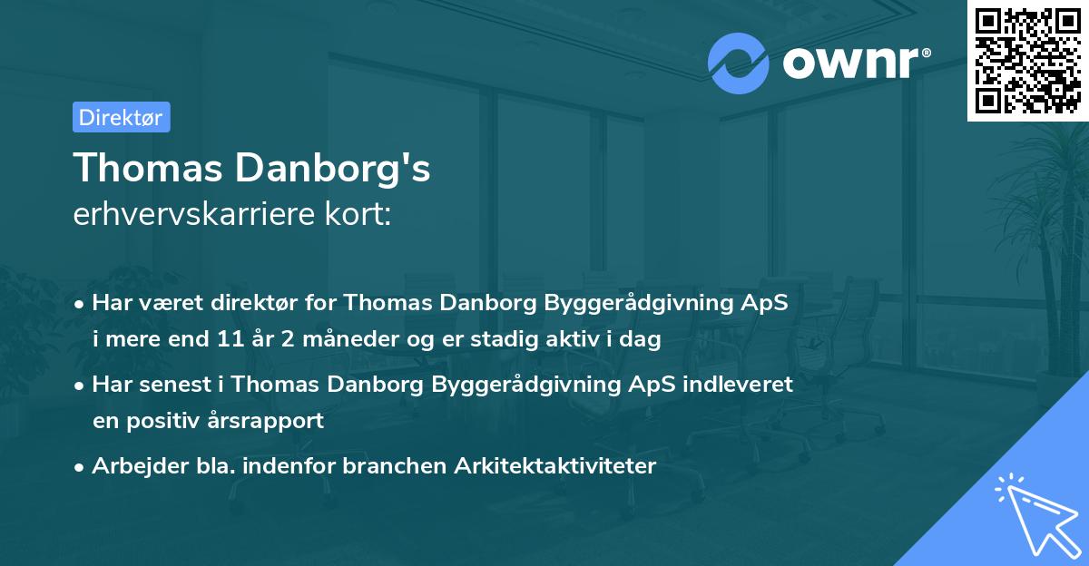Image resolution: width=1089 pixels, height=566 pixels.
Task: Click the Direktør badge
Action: tap(121, 117)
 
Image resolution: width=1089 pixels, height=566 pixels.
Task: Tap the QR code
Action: tap(1027, 60)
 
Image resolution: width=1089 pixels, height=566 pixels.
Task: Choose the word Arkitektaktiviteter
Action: tap(564, 466)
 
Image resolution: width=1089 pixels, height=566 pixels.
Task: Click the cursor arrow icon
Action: tap(1035, 512)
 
